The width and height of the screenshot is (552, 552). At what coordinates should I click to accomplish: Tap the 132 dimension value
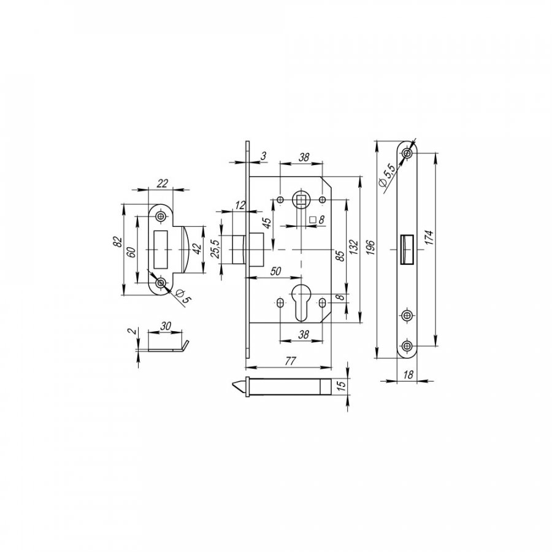[353, 248]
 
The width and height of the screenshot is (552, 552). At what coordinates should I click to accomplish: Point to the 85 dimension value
[340, 256]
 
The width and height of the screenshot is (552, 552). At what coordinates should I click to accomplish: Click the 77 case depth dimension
[290, 361]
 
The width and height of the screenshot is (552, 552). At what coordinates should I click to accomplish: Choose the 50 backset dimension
[276, 272]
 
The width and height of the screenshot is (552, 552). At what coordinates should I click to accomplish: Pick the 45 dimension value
[267, 223]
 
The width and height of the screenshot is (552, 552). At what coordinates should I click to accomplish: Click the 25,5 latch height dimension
[215, 249]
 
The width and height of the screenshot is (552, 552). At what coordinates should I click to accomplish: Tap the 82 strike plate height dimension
[118, 242]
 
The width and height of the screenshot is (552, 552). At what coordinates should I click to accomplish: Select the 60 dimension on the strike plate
[131, 253]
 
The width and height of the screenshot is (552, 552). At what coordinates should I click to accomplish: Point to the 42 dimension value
[197, 248]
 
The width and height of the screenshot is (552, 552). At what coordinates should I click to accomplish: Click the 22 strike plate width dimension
[162, 183]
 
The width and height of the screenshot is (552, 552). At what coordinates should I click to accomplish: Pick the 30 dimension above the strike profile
[165, 326]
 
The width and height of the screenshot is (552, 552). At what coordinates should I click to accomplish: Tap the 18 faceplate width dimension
[408, 375]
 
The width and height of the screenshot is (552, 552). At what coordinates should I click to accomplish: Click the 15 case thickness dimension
[341, 383]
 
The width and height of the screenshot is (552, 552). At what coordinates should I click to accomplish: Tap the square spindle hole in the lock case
[301, 200]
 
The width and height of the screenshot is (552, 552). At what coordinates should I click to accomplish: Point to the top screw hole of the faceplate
[407, 153]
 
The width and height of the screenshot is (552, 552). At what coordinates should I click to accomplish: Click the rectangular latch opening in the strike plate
[161, 249]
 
